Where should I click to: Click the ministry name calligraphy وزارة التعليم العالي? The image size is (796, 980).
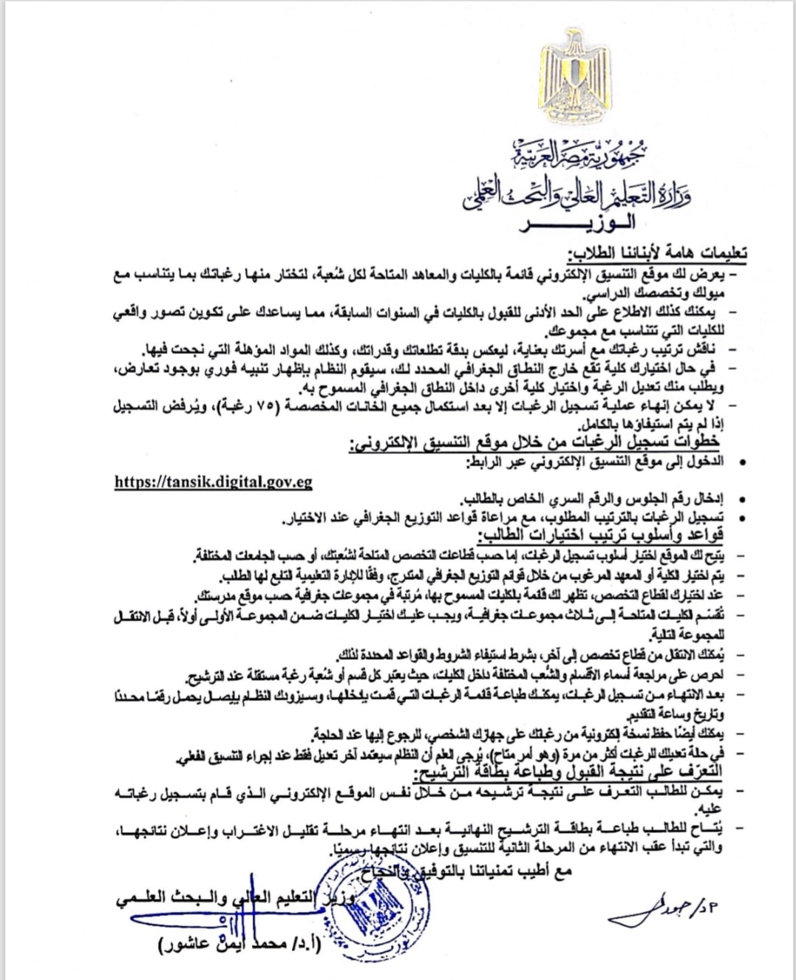coord(576,193)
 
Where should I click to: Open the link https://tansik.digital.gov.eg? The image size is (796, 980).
coord(214,482)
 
